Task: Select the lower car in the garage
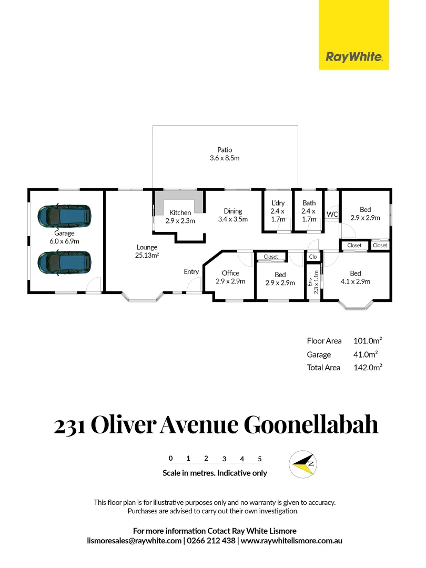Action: pyautogui.click(x=64, y=261)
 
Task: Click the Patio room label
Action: pyautogui.click(x=225, y=154)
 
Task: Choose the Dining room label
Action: pyautogui.click(x=232, y=215)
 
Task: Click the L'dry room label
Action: pyautogui.click(x=278, y=211)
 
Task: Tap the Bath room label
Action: pyautogui.click(x=309, y=211)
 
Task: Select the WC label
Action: pyautogui.click(x=332, y=215)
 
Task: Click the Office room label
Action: pyautogui.click(x=230, y=277)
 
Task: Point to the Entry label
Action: pyautogui.click(x=191, y=272)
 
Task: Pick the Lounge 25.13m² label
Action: pyautogui.click(x=147, y=251)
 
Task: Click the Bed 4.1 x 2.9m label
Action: pyautogui.click(x=356, y=277)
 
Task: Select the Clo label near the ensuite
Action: pyautogui.click(x=312, y=257)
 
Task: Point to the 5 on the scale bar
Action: pyautogui.click(x=260, y=459)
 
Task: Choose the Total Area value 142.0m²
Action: pyautogui.click(x=368, y=368)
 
